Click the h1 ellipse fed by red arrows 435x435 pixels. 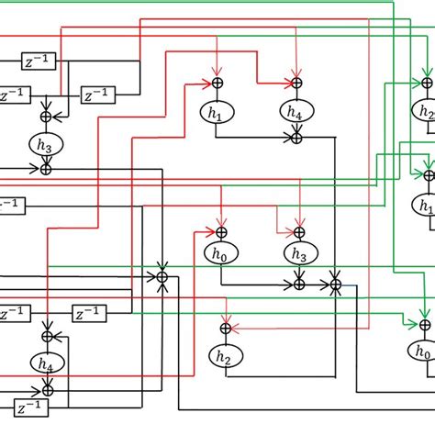pos(217,111)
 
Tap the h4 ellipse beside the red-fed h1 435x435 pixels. pos(296,111)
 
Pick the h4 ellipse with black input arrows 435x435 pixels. pos(47,363)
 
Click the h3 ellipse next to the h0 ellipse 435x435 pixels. pos(297,254)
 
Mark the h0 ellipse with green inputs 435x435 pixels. pos(423,351)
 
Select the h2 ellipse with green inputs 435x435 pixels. pos(426,113)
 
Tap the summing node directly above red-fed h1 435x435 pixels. pos(217,84)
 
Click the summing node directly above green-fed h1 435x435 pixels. pos(426,175)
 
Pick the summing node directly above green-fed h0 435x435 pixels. pos(424,324)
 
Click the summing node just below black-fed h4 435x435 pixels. pos(47,390)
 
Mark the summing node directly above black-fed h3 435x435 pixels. pos(47,117)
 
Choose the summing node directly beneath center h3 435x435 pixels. pos(297,284)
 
